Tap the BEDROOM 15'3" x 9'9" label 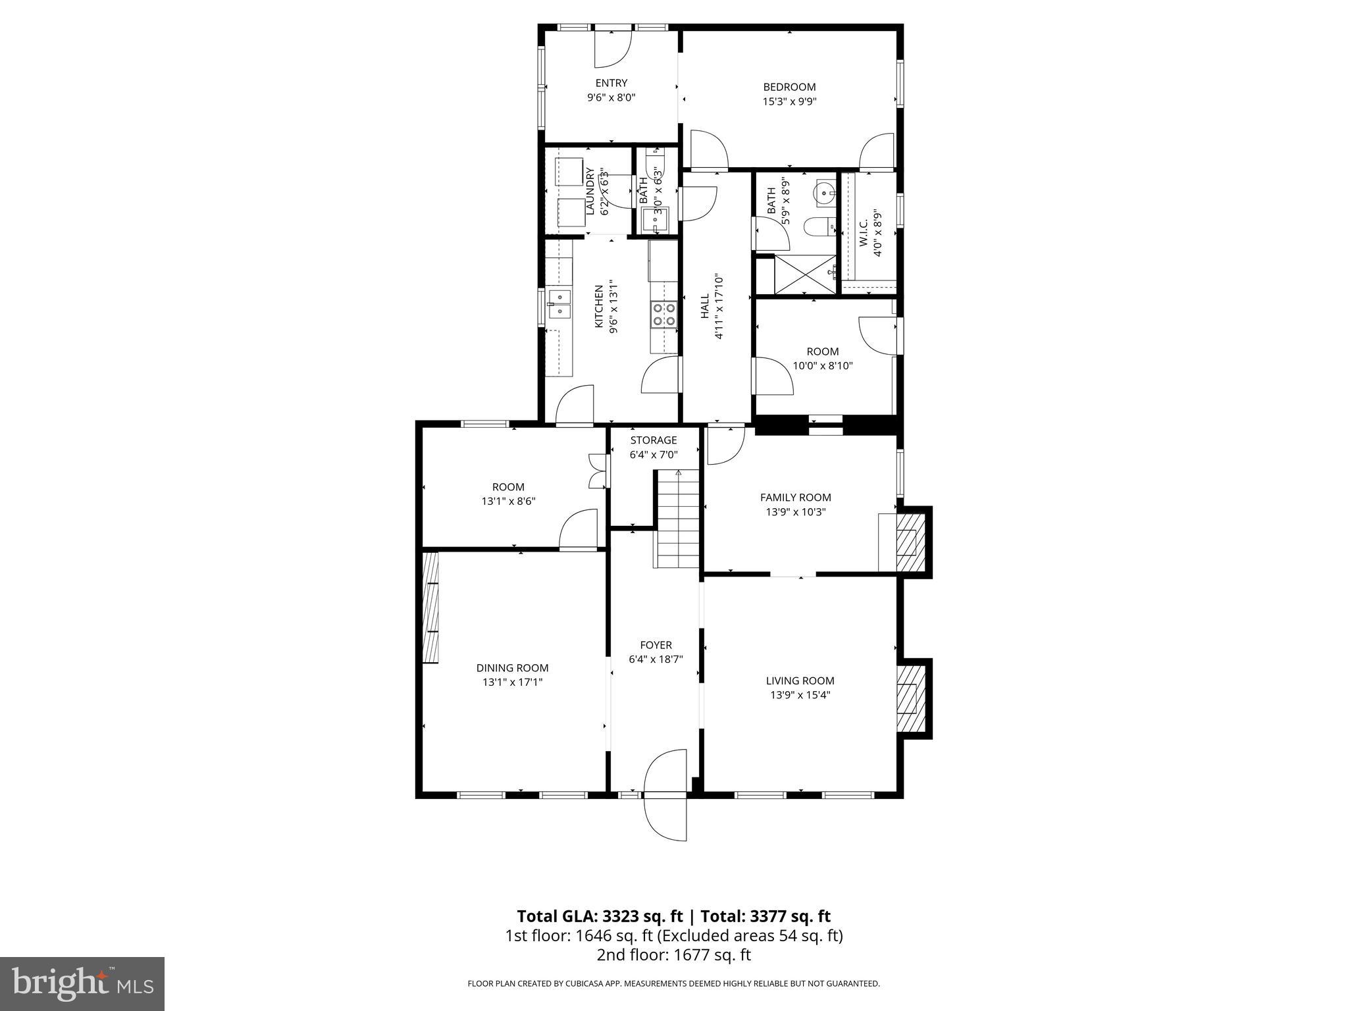789,93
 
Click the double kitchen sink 559,304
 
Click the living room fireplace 912,699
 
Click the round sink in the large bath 823,193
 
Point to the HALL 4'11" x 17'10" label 712,307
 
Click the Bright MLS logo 82,983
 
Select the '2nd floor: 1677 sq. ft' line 673,955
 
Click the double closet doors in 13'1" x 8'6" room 598,471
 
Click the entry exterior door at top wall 613,47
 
